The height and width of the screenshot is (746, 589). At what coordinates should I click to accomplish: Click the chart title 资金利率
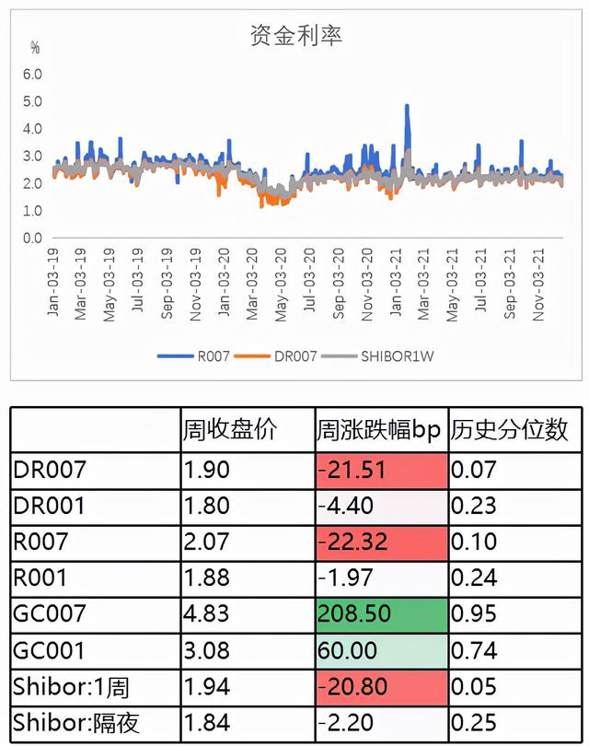pos(296,36)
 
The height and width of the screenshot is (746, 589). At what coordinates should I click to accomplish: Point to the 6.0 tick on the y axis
pos(33,74)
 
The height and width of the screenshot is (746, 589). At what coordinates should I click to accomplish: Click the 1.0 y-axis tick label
pos(33,211)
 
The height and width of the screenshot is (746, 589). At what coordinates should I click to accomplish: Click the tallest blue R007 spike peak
pos(407,107)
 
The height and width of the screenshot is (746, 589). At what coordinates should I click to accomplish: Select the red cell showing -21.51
pos(352,469)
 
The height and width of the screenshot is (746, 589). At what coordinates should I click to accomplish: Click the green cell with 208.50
pos(353,613)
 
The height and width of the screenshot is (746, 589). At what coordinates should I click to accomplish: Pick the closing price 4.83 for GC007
pos(203,613)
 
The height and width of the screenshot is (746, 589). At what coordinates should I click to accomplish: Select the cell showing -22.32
pos(352,542)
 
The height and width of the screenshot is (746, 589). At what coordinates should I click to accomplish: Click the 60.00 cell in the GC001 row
pos(348,650)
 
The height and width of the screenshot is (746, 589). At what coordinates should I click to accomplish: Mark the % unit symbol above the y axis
pos(35,47)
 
